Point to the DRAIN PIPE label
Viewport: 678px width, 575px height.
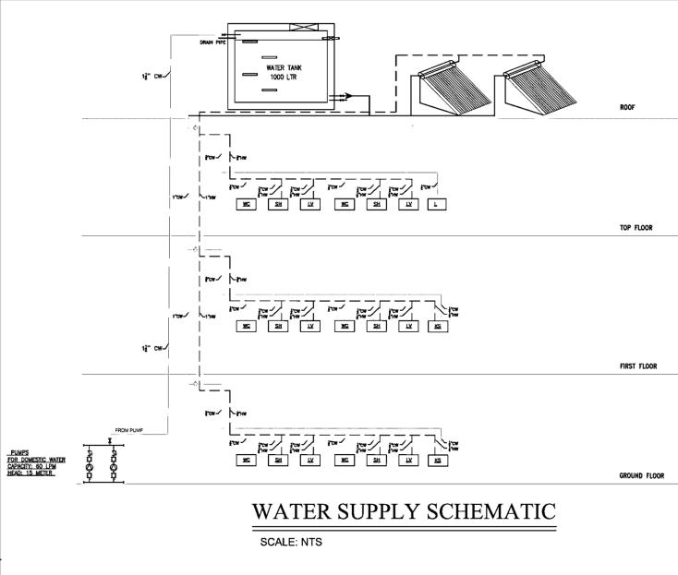click(213, 43)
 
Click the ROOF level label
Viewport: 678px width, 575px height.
click(627, 108)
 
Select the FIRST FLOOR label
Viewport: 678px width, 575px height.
click(637, 366)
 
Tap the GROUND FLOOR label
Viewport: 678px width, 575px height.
click(641, 477)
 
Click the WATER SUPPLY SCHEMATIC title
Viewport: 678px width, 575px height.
click(405, 510)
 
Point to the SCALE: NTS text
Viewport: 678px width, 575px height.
click(290, 542)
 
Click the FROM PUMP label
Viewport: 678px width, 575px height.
click(131, 430)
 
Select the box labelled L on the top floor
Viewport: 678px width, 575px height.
click(434, 204)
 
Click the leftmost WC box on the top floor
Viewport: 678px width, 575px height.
click(246, 204)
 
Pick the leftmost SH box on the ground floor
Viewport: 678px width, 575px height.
click(277, 459)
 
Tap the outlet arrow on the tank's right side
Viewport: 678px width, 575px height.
click(345, 95)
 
